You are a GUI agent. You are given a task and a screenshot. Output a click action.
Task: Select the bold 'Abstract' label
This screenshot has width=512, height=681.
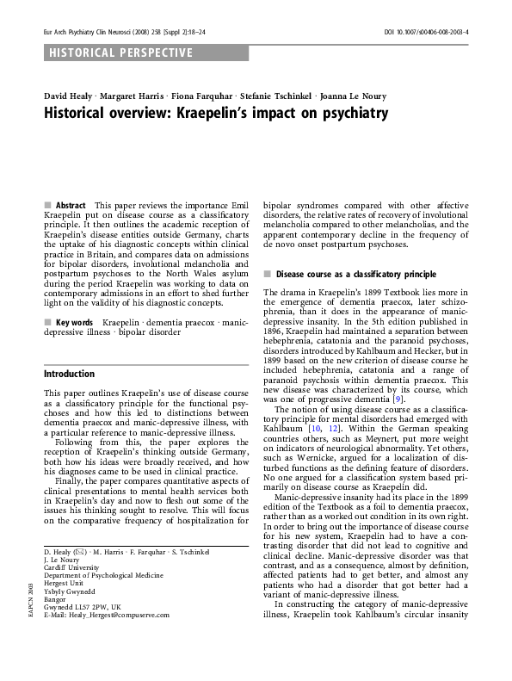(x=71, y=206)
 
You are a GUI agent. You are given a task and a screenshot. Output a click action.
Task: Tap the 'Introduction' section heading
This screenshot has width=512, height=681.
(x=69, y=375)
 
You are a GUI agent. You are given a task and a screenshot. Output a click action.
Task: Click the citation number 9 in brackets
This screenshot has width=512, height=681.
(x=397, y=399)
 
